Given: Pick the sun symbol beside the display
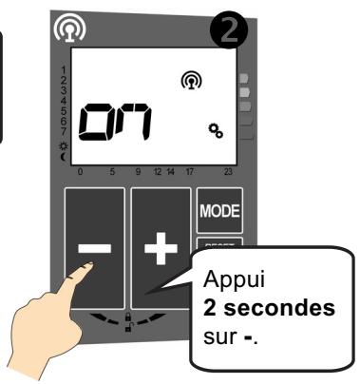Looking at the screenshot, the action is tap(63, 145).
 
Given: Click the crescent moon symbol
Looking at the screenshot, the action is tap(63, 156).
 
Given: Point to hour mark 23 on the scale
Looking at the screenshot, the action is tap(227, 172).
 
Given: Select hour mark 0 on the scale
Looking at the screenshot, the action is tap(79, 172).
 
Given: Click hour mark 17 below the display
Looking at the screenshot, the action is tap(190, 172).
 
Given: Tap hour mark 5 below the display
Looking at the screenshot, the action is tap(112, 172).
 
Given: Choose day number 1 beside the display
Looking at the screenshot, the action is tap(63, 69).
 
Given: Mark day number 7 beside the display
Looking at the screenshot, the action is tap(63, 131).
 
